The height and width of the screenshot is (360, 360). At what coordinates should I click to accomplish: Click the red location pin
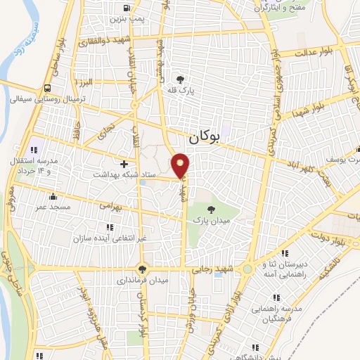pos(181,165)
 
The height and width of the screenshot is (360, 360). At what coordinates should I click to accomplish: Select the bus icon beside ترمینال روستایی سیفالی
pos(47,89)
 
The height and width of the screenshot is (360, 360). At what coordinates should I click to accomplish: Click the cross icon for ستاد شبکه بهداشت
pos(124,164)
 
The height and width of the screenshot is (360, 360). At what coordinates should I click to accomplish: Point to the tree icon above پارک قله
pos(181,79)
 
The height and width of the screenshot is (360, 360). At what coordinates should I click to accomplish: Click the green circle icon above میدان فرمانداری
pos(142,268)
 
